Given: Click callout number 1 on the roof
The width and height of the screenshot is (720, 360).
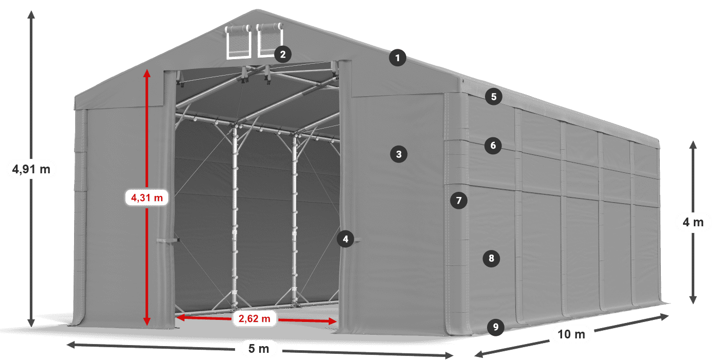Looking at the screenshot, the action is [398, 58].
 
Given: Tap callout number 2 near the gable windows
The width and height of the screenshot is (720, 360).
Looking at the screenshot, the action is [283, 55].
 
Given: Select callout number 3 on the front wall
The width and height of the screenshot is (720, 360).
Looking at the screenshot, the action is [399, 154].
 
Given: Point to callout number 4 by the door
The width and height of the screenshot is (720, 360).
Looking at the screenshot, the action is [346, 239].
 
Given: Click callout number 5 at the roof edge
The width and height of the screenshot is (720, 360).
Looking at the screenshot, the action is [494, 97].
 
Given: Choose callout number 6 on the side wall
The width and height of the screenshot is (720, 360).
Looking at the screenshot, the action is [493, 146].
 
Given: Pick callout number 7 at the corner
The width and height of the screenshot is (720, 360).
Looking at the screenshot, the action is [459, 201].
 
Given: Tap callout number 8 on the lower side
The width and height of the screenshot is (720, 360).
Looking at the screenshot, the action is [491, 258].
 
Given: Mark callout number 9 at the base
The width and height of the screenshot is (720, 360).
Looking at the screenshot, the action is [496, 327].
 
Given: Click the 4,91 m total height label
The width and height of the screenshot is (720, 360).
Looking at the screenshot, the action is [31, 169].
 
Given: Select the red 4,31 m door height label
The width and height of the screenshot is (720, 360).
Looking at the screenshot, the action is [147, 197].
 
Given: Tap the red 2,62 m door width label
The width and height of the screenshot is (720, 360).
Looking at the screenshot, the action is [254, 318].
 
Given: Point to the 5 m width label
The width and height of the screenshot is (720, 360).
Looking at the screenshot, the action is [258, 349].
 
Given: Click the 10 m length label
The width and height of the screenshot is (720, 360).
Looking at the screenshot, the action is [571, 334].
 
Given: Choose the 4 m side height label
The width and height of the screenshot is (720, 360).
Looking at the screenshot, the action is [693, 222].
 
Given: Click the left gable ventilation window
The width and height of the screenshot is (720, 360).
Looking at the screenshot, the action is [239, 42].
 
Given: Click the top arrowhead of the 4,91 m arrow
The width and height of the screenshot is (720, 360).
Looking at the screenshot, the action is [31, 15].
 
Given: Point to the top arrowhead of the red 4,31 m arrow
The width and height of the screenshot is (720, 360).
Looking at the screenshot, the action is [147, 73].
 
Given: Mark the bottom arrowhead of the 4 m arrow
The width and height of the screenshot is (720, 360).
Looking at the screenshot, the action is [693, 299].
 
